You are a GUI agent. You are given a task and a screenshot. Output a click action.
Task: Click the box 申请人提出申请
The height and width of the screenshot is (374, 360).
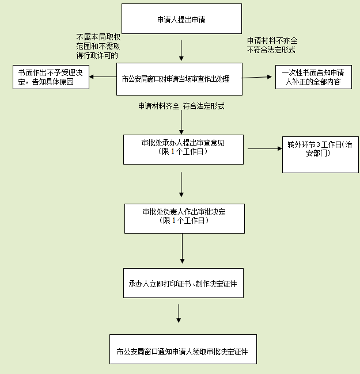pos(181,19)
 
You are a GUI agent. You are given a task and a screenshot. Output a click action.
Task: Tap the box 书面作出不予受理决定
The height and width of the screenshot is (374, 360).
pos(51,77)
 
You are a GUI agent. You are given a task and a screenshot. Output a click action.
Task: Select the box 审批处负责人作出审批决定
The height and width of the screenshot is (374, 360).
pos(184,217)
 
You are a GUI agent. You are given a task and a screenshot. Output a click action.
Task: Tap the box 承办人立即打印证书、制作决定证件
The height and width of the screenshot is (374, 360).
pos(183,283)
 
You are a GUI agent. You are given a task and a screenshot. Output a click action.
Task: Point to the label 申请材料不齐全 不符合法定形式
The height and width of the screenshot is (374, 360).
pos(272,45)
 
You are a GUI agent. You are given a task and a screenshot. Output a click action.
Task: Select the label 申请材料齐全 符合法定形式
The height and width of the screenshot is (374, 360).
pos(181,106)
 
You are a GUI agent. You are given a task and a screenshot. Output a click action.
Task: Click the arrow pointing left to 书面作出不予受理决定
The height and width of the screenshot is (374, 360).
pos(103,77)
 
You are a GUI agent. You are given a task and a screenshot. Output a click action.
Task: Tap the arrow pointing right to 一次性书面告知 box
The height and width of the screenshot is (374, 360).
pos(257,77)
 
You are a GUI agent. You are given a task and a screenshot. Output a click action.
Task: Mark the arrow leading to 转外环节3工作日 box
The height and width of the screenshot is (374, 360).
pos(264,148)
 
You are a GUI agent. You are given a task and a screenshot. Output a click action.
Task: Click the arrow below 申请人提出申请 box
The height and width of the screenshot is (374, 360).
pos(181,51)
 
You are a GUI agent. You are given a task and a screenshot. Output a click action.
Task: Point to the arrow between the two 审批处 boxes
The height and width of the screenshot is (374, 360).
pos(181,185)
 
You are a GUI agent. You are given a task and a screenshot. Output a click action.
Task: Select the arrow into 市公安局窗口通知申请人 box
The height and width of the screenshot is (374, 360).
pos(179,313)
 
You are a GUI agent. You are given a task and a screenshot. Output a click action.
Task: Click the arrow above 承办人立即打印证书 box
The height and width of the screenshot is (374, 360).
pos(181,251)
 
